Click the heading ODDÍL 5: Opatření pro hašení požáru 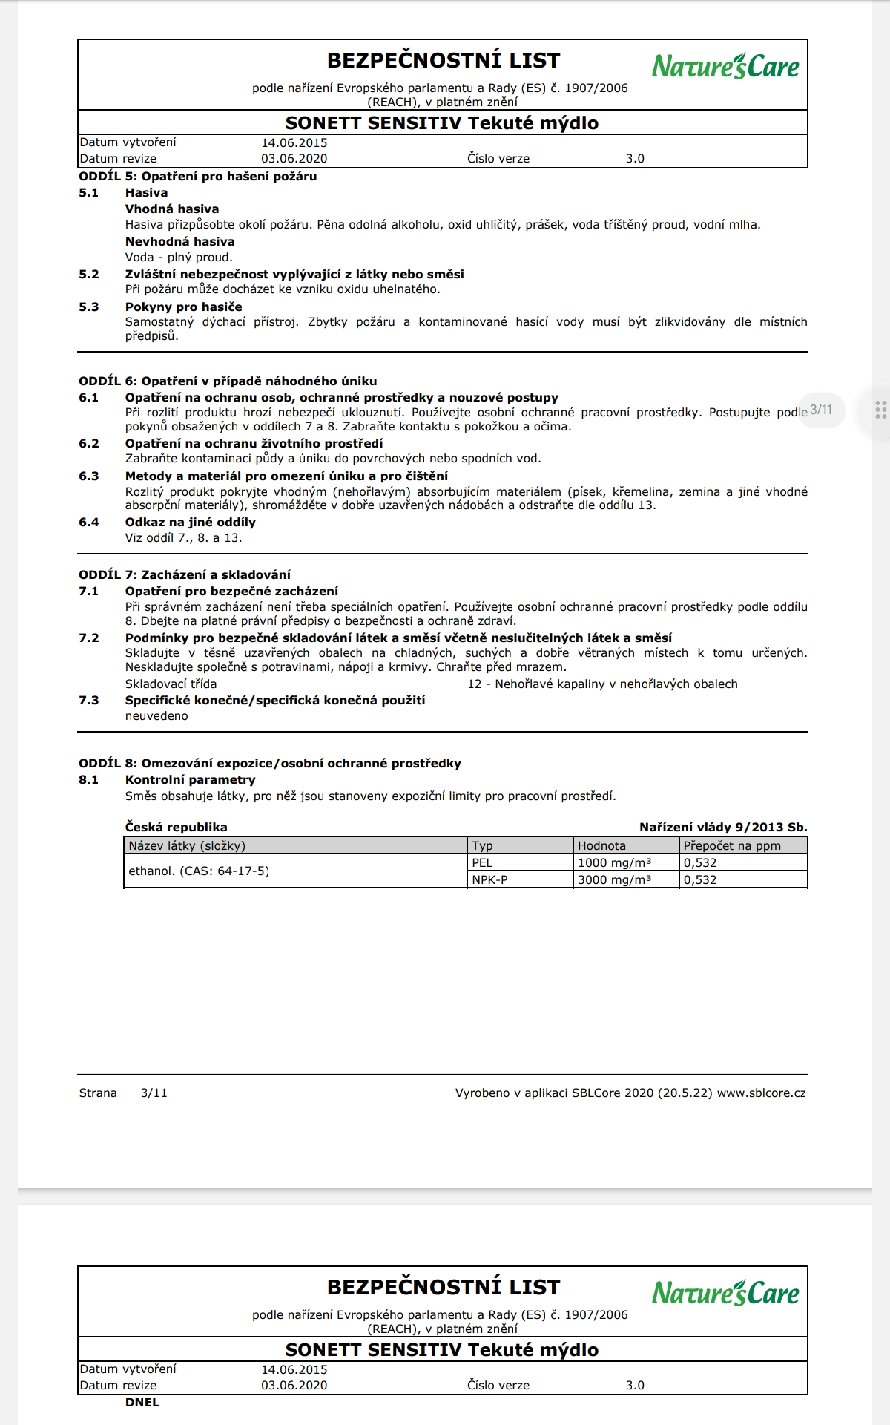tap(198, 177)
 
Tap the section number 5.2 tap(89, 275)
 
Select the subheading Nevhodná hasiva tap(179, 242)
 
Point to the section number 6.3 tap(89, 476)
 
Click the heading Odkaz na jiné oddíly tap(190, 522)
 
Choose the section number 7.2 tap(89, 638)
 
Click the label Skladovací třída tap(171, 684)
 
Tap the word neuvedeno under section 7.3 tap(156, 716)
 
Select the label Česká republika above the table tap(176, 828)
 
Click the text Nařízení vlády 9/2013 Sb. tap(723, 828)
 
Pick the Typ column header tap(483, 846)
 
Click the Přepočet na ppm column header tap(732, 846)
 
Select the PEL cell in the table tap(482, 863)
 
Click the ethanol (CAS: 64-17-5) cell tap(199, 871)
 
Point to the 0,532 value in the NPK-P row tap(700, 880)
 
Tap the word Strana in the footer tap(98, 1093)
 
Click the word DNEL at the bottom tap(142, 1403)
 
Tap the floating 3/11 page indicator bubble tap(821, 410)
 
